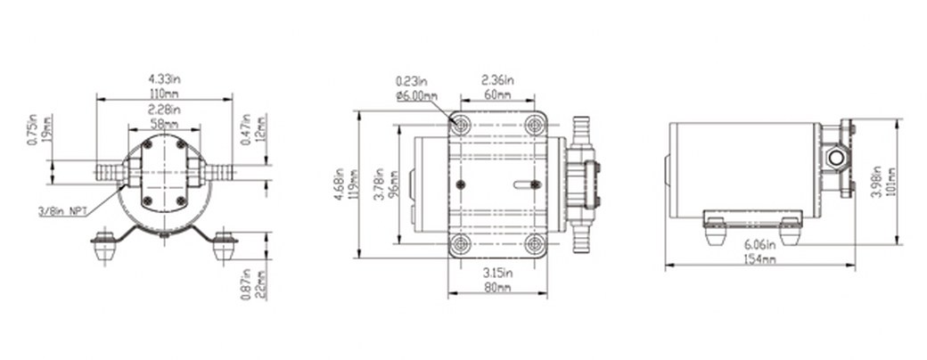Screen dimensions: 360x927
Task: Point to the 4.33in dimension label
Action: pyautogui.click(x=164, y=79)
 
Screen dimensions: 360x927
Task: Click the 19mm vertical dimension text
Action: pyautogui.click(x=47, y=130)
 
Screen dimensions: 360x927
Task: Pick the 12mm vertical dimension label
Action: pyautogui.click(x=260, y=129)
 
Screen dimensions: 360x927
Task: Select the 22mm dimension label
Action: pyautogui.click(x=259, y=284)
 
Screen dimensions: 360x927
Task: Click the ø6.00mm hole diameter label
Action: pyautogui.click(x=416, y=95)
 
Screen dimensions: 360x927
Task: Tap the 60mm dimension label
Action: pyautogui.click(x=497, y=94)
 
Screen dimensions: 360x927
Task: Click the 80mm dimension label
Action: pyautogui.click(x=497, y=288)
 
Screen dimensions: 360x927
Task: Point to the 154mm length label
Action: pyautogui.click(x=759, y=259)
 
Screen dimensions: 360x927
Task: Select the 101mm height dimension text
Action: pyautogui.click(x=891, y=182)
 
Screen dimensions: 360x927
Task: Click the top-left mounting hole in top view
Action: pyautogui.click(x=460, y=125)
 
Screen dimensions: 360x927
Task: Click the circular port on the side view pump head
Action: pyautogui.click(x=835, y=158)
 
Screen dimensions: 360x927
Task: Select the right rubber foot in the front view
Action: pyautogui.click(x=224, y=247)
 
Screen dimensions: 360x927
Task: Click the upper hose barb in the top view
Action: pyautogui.click(x=582, y=131)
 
